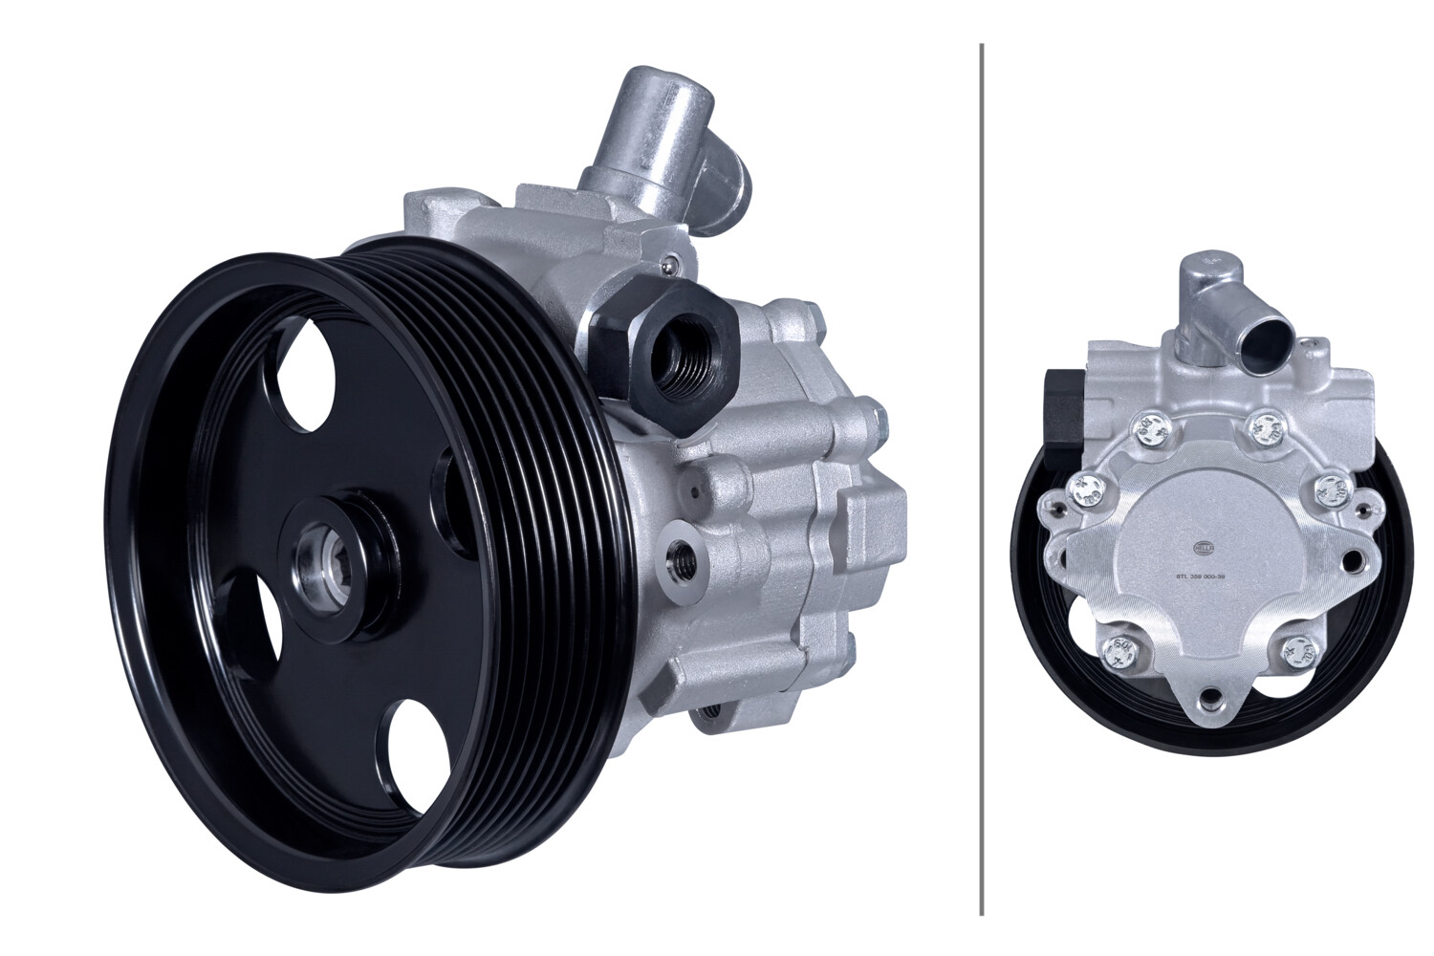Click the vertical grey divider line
pos(983,478)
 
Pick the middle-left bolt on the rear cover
pos(1085,492)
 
